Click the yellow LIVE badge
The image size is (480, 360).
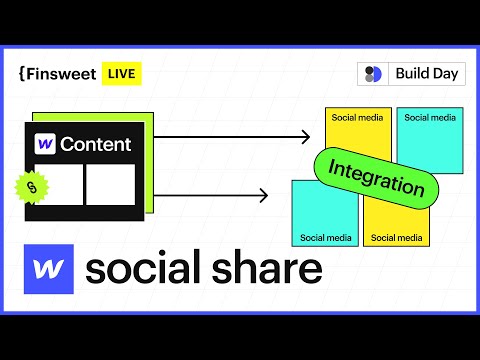click(123, 73)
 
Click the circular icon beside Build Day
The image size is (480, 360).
click(373, 74)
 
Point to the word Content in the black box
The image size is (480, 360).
click(95, 144)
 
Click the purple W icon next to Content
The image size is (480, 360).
click(45, 144)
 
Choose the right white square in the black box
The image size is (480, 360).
click(109, 182)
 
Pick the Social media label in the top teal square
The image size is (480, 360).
click(430, 117)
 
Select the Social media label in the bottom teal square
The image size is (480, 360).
click(326, 238)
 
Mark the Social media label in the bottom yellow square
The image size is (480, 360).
click(396, 238)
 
